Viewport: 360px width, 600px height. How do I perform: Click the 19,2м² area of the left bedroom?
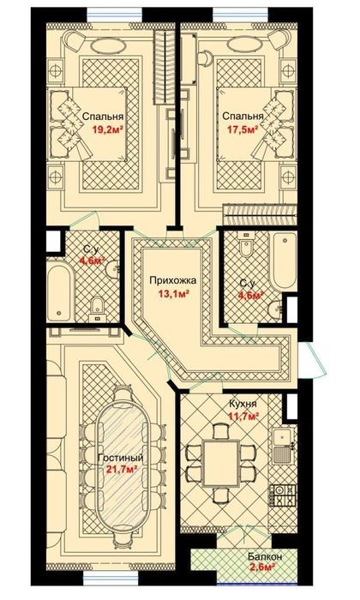(107, 129)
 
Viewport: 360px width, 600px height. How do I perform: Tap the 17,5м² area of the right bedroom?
(243, 129)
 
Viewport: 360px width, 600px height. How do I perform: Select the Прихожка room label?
(173, 280)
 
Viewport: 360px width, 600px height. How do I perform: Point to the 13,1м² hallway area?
(174, 294)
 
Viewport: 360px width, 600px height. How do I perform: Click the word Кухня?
(243, 404)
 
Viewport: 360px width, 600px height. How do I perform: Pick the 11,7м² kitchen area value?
(243, 416)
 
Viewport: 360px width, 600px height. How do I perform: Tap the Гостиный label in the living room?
(121, 458)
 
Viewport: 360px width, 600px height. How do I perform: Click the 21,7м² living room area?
(122, 470)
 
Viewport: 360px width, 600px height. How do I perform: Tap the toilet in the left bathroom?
(98, 309)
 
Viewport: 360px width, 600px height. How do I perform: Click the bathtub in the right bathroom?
(283, 261)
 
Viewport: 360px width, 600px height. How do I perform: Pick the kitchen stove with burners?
(284, 495)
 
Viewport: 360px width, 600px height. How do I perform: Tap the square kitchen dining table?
(221, 463)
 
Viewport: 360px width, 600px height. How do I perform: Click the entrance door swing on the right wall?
(313, 359)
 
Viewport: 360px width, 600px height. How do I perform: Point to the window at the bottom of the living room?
(111, 578)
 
